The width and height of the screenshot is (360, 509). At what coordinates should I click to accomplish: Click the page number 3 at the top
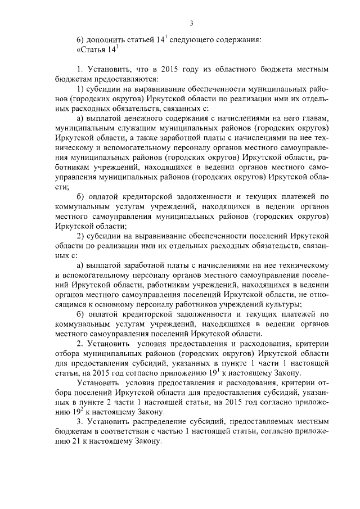[191, 23]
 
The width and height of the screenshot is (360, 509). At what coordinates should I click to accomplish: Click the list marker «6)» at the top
[81, 39]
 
